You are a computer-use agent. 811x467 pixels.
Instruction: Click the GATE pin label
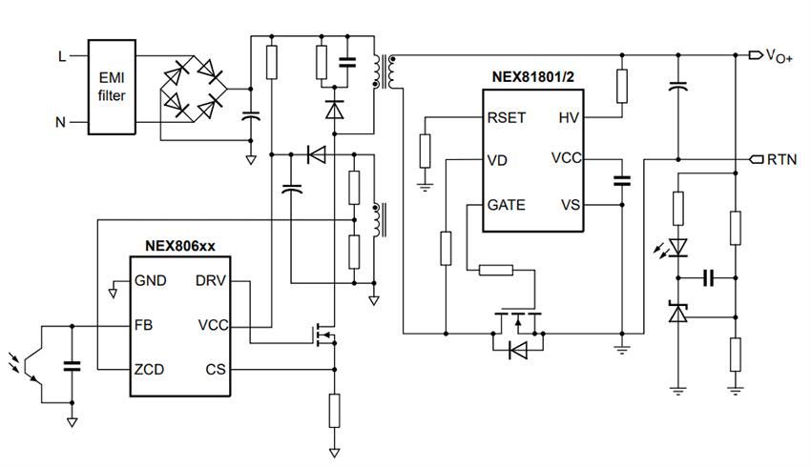(x=508, y=205)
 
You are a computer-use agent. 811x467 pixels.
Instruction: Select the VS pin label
(x=569, y=205)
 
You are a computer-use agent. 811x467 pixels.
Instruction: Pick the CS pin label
(x=216, y=369)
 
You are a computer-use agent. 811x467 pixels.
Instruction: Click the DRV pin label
(x=212, y=281)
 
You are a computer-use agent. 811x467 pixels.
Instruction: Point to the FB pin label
(x=144, y=325)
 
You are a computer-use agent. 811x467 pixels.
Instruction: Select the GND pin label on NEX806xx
(x=150, y=281)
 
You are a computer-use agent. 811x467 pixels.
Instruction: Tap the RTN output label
(x=782, y=159)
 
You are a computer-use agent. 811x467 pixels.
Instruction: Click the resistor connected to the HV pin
(x=622, y=86)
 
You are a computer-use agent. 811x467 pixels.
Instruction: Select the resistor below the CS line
(x=334, y=410)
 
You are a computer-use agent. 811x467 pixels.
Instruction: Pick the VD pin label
(x=498, y=159)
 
